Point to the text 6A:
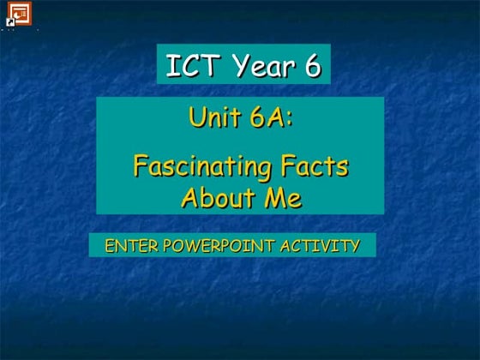(x=272, y=117)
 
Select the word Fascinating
(x=202, y=165)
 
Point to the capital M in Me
(x=275, y=198)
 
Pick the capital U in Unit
(x=197, y=117)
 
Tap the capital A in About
(x=190, y=198)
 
